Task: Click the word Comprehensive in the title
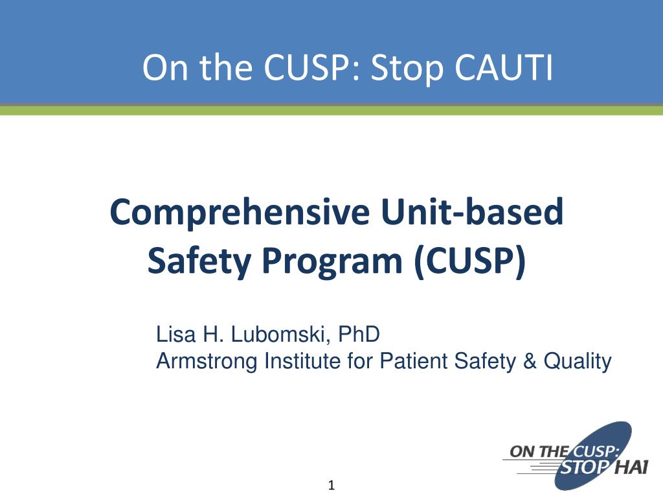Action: click(239, 213)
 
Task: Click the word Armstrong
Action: click(207, 361)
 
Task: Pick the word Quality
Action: click(578, 361)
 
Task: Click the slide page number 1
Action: click(331, 486)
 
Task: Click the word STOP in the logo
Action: click(582, 467)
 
